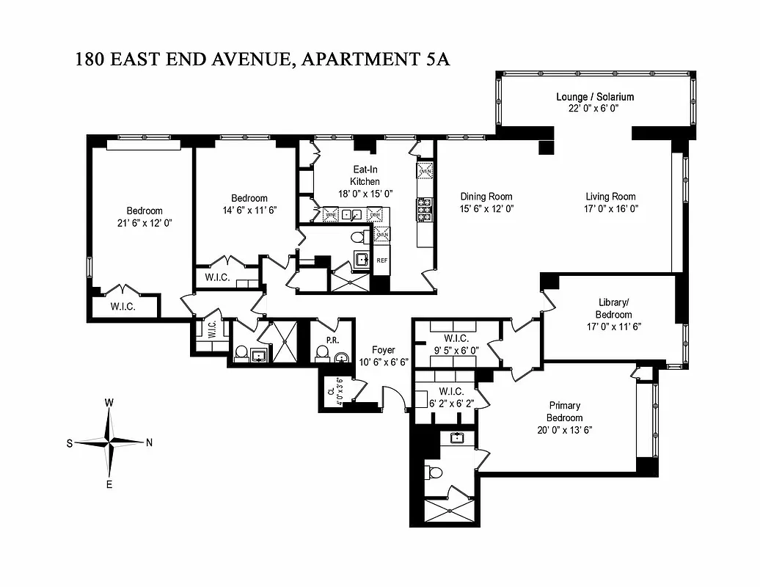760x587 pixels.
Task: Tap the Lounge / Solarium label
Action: click(594, 97)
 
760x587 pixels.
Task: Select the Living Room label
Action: click(610, 197)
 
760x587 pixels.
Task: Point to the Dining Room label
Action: click(486, 197)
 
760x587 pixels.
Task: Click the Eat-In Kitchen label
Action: click(365, 175)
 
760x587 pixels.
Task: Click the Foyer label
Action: click(383, 350)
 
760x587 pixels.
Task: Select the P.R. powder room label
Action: click(332, 340)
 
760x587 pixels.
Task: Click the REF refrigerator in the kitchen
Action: click(381, 260)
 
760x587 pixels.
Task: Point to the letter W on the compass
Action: click(109, 402)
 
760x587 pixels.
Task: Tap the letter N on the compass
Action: click(149, 442)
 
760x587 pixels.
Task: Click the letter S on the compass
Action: click(70, 443)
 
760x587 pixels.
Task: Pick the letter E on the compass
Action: click(109, 484)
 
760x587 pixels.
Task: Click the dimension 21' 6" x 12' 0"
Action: click(144, 222)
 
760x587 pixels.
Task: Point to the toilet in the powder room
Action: click(321, 355)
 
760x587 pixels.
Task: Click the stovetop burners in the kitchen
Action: click(424, 209)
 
